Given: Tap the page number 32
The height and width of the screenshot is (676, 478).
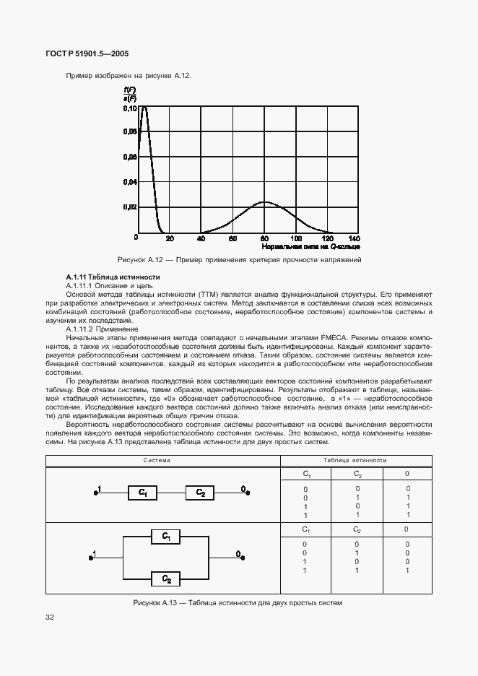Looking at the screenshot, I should click(50, 617).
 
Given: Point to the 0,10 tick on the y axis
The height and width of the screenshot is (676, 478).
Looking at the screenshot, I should click(130, 108).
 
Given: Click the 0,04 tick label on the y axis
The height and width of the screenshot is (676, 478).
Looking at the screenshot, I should click(130, 182).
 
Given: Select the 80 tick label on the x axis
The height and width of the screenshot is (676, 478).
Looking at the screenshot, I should click(265, 238).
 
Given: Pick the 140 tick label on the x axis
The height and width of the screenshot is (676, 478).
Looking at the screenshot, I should click(354, 238).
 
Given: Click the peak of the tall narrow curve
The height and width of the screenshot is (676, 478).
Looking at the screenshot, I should click(144, 107).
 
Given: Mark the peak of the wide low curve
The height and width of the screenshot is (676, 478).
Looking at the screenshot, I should click(265, 201).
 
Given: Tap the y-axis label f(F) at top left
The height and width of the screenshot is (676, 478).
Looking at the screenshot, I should click(129, 89).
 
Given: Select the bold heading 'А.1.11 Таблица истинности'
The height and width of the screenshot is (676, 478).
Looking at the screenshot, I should click(103, 277).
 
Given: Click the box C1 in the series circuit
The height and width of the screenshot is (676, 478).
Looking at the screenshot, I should click(143, 493).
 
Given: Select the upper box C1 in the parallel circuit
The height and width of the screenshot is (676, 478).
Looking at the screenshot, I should click(166, 536).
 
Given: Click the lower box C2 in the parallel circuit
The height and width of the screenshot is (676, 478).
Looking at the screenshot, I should click(166, 578).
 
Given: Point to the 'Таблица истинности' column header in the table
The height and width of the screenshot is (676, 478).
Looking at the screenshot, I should click(355, 460).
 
